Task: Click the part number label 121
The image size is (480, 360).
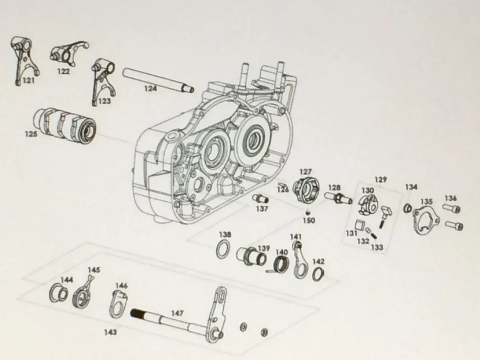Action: pos(29,81)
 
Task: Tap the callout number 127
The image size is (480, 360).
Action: pos(305,172)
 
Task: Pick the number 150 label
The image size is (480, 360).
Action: pos(308,220)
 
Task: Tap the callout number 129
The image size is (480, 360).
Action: pos(380,179)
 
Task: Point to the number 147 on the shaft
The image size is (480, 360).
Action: pos(177,313)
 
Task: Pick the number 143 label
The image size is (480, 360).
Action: pos(110,332)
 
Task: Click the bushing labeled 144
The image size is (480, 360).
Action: pos(59,292)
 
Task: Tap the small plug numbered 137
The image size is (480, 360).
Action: pos(261,199)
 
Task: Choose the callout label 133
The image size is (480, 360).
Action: pos(376,247)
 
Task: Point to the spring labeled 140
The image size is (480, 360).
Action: pos(280,264)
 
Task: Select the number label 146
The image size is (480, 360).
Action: pos(122,285)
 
